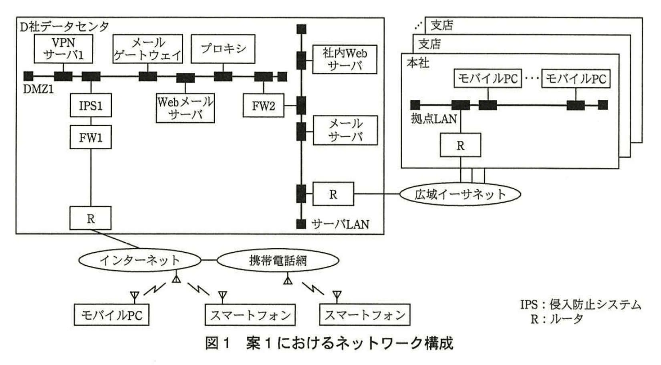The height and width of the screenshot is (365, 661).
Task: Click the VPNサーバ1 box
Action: [x=63, y=49]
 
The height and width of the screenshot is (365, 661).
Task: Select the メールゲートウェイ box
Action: [x=147, y=49]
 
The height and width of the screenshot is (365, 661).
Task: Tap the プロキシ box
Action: [x=223, y=49]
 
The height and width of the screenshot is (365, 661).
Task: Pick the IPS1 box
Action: [x=91, y=105]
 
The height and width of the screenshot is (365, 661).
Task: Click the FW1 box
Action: [x=91, y=138]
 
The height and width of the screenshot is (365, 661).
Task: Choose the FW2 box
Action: [x=263, y=105]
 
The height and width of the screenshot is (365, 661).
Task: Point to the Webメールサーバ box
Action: [x=185, y=108]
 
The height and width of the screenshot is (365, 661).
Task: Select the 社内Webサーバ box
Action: [x=345, y=59]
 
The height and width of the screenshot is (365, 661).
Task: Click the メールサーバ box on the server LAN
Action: [x=345, y=130]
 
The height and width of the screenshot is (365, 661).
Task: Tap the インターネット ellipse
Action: [x=139, y=260]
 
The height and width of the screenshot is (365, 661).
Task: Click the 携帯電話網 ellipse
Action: [x=278, y=260]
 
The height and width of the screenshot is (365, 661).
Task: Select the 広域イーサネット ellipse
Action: [x=460, y=194]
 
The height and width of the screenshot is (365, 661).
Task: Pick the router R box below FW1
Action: [x=91, y=219]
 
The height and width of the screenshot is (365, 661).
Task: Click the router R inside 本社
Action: [x=460, y=145]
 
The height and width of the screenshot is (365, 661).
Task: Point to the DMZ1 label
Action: [x=38, y=89]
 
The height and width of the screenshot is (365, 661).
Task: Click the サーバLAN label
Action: [x=340, y=224]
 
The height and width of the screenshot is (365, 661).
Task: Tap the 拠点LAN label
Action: [x=433, y=119]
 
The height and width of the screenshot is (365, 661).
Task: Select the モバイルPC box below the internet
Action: [x=111, y=315]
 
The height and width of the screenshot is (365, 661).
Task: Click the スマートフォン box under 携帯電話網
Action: [x=365, y=315]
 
